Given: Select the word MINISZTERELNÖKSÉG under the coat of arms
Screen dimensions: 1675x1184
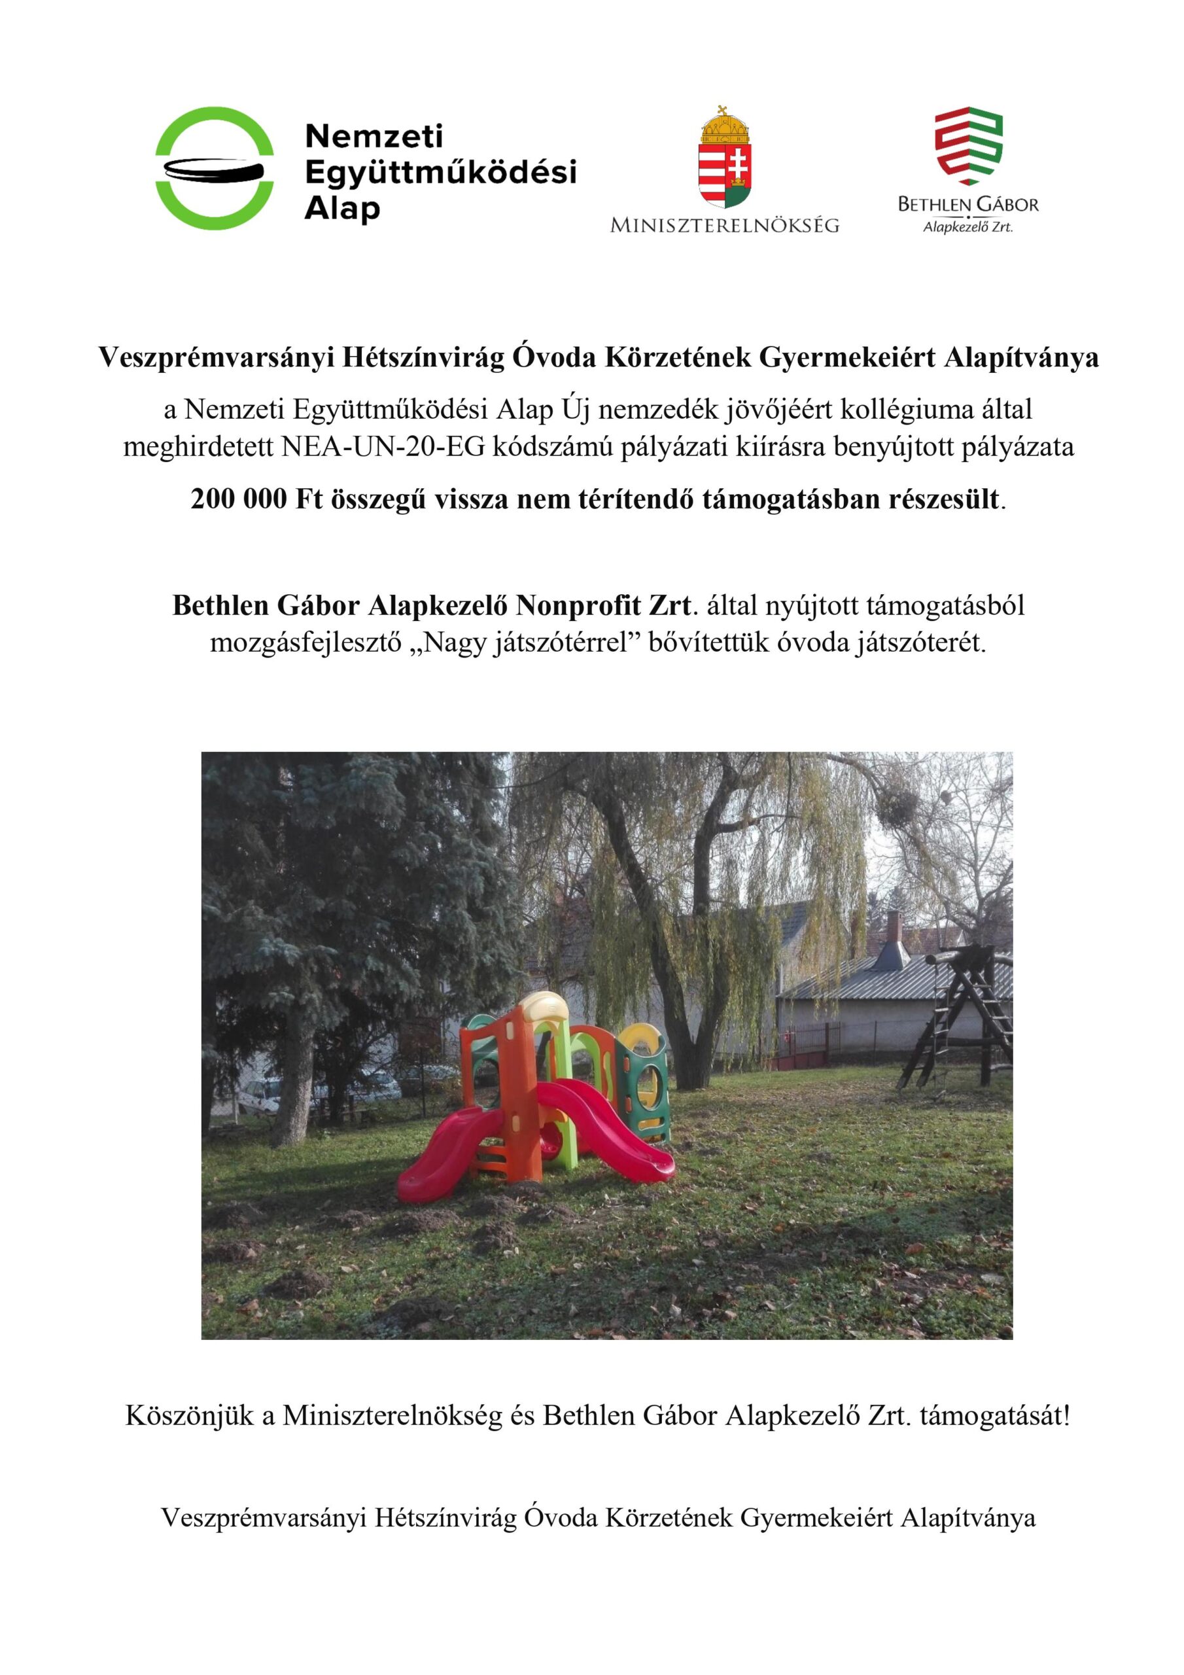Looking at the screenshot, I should tap(724, 226).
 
